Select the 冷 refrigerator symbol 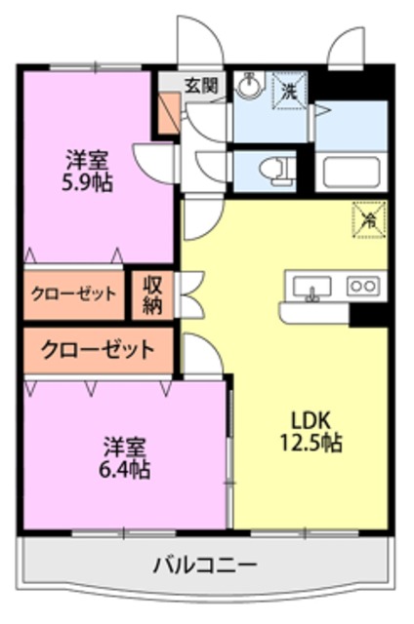pyautogui.click(x=369, y=219)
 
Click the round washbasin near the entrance pyautogui.click(x=249, y=87)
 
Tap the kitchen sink pyautogui.click(x=310, y=287)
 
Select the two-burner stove pyautogui.click(x=363, y=287)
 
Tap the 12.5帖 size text pyautogui.click(x=313, y=443)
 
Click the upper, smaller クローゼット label pyautogui.click(x=74, y=294)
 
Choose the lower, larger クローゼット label pyautogui.click(x=98, y=349)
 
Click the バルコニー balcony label pyautogui.click(x=204, y=564)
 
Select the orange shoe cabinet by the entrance pyautogui.click(x=170, y=115)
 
